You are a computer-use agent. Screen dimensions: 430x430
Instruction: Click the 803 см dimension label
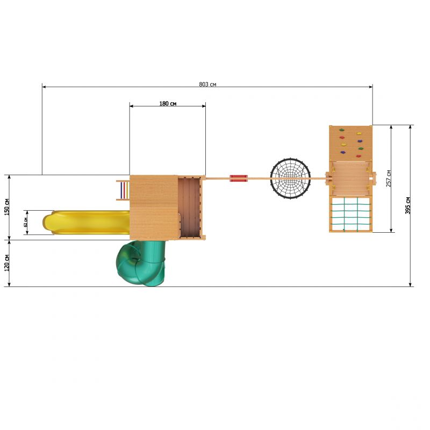pyautogui.click(x=207, y=84)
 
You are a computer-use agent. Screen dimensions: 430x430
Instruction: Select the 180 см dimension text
pyautogui.click(x=168, y=103)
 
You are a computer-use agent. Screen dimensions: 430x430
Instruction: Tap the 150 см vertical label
pyautogui.click(x=7, y=207)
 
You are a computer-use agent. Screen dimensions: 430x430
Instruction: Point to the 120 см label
pyautogui.click(x=7, y=263)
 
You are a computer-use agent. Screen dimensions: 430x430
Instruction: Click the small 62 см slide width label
pyautogui.click(x=26, y=222)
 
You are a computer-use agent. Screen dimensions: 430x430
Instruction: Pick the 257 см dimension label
pyautogui.click(x=389, y=178)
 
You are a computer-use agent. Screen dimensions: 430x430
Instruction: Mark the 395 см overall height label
pyautogui.click(x=408, y=205)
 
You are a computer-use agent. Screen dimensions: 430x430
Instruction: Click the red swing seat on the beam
pyautogui.click(x=239, y=178)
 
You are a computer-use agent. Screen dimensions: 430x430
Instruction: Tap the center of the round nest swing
pyautogui.click(x=290, y=178)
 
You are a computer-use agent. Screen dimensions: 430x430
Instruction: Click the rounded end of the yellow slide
pyautogui.click(x=47, y=223)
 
